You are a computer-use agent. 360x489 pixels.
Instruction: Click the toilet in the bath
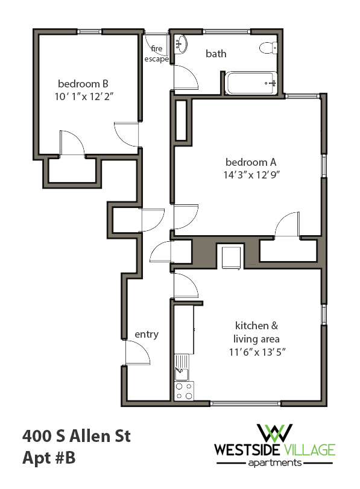tap(265, 47)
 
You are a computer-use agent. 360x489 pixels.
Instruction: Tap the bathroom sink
tap(180, 43)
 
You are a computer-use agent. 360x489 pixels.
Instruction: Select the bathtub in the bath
tap(251, 83)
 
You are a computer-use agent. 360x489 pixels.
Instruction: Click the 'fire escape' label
tap(156, 54)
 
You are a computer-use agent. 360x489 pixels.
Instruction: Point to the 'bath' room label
tap(216, 54)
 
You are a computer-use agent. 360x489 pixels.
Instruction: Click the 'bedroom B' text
tap(83, 83)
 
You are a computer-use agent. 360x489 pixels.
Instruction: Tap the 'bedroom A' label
tap(251, 162)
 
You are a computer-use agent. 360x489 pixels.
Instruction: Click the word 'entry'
tap(147, 334)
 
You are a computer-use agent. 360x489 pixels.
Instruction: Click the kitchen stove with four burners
tap(184, 391)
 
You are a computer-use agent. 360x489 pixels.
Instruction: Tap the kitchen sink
tap(182, 364)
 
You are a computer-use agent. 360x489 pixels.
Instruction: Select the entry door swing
tap(138, 353)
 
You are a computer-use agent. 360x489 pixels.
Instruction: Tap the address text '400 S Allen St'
tap(77, 435)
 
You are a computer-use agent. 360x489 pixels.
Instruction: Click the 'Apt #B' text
tap(49, 459)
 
